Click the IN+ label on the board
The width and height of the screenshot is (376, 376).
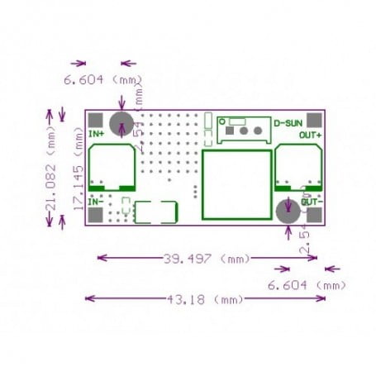(x=96, y=132)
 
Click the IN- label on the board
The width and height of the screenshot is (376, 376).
(x=96, y=200)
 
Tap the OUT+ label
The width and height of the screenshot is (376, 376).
(x=310, y=134)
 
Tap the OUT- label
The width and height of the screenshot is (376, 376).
(x=312, y=201)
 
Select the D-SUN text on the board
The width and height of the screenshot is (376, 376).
(x=288, y=121)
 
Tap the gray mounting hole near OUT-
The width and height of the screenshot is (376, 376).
(x=288, y=210)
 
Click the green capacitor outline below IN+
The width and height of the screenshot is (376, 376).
(x=112, y=168)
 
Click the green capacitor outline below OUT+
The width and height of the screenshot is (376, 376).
(x=298, y=168)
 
